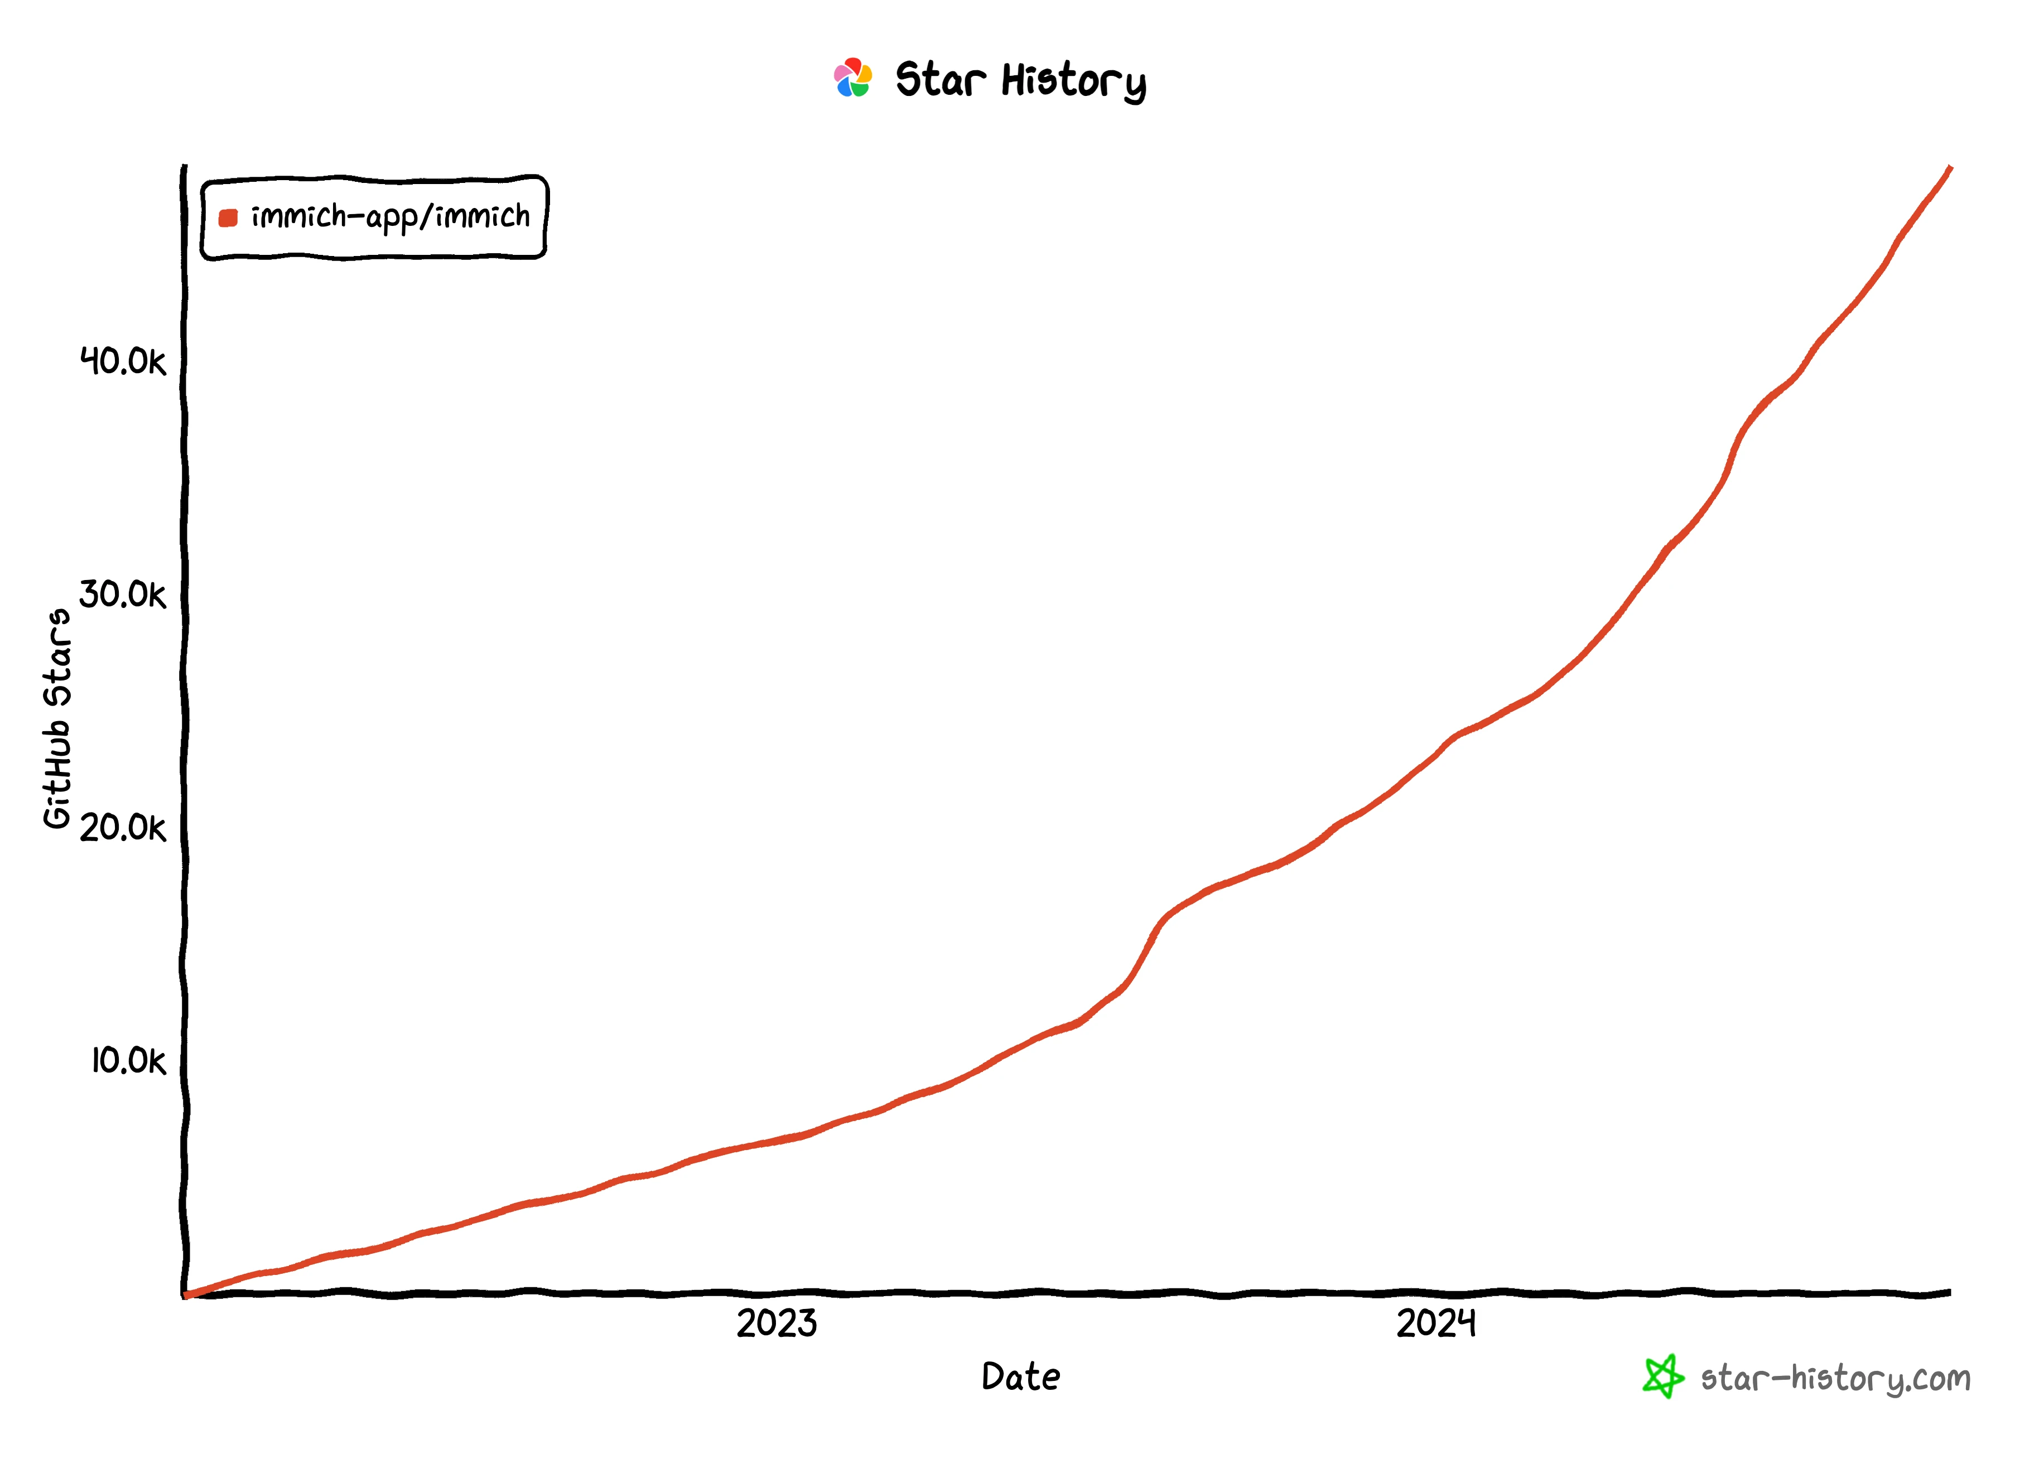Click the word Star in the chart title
pos(940,80)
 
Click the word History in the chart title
pos(1074,82)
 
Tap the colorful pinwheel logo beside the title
pos(852,78)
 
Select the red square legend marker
pos(228,218)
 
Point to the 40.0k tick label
pos(123,361)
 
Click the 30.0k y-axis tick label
pos(123,594)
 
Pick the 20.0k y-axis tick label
pos(123,828)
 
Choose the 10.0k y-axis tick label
pos(128,1061)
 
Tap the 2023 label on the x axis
pos(777,1323)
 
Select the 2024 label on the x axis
pos(1436,1323)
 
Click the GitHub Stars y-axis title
pos(57,719)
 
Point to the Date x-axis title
pos(1021,1376)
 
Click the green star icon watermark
pos(1662,1376)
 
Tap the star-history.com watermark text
pos(1835,1378)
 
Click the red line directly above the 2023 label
pos(777,1140)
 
